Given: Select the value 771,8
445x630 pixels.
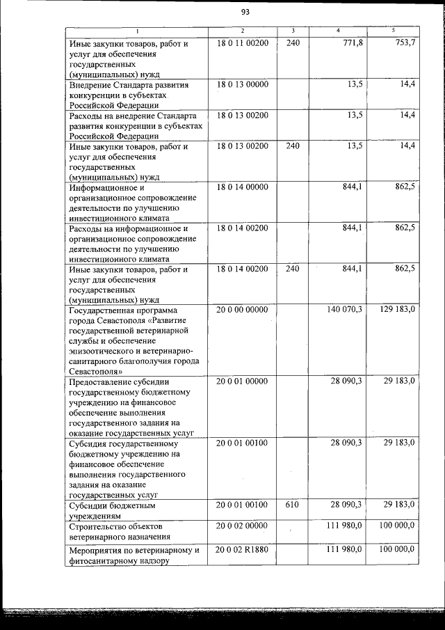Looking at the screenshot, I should point(350,42).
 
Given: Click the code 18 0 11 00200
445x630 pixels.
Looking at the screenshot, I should point(242,42).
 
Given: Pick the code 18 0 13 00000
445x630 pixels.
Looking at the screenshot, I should point(242,84).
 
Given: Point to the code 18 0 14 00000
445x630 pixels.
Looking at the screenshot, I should point(242,187).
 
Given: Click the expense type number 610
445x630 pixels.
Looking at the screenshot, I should point(292,504).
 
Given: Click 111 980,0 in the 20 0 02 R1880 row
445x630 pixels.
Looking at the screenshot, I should point(345,551).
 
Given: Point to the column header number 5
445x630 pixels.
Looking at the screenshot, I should point(393,31).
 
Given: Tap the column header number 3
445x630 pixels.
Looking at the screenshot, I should point(293,31).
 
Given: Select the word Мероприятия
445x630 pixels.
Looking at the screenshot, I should point(95,551).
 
